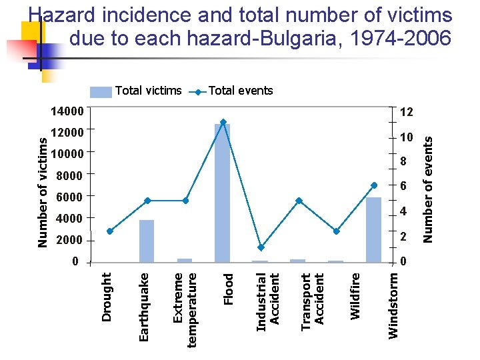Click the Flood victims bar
point(223,193)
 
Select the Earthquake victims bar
point(147,241)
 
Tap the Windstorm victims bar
point(373,229)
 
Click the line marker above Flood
point(223,122)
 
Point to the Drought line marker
point(109,231)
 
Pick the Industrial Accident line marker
point(261,247)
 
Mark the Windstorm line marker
point(374,185)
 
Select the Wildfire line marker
point(337,231)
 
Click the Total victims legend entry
point(137,91)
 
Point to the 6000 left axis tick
point(69,197)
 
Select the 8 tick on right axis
point(403,162)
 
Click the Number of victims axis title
point(43,192)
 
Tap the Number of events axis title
point(429,189)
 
